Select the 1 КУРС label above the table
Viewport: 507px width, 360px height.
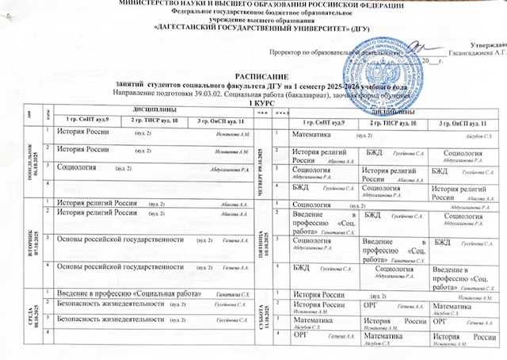pos(254,104)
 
